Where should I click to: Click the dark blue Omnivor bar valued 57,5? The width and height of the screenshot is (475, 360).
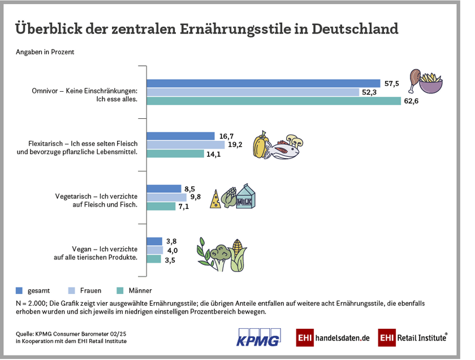pyautogui.click(x=263, y=83)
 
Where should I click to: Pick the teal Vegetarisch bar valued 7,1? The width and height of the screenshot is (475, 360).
pyautogui.click(x=161, y=207)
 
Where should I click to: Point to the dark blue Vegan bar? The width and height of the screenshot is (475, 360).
pyautogui.click(x=154, y=241)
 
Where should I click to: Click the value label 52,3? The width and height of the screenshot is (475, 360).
pyautogui.click(x=370, y=92)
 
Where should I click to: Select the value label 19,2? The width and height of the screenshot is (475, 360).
pyautogui.click(x=235, y=144)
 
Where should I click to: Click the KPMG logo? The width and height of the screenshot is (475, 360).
pyautogui.click(x=258, y=337)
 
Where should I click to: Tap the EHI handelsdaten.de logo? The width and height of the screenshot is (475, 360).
pyautogui.click(x=333, y=338)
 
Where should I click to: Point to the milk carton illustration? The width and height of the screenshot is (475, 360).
pyautogui.click(x=247, y=197)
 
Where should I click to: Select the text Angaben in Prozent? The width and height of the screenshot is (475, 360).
pyautogui.click(x=45, y=52)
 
